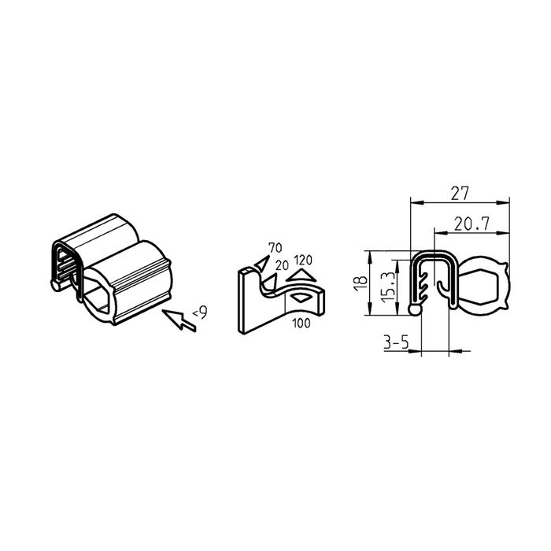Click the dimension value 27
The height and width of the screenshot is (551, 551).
point(460,194)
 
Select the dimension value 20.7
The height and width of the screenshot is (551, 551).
point(471,224)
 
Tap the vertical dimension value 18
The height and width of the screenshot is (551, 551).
point(361,283)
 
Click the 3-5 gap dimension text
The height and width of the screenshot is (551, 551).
point(396,342)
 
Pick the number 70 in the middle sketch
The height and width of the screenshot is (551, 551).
point(275,248)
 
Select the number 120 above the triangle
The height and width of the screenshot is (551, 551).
point(303,261)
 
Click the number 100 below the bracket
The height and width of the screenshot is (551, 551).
point(301,323)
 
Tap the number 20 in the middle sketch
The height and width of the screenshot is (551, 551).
point(282,265)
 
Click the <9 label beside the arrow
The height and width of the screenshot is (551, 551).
point(200,312)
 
